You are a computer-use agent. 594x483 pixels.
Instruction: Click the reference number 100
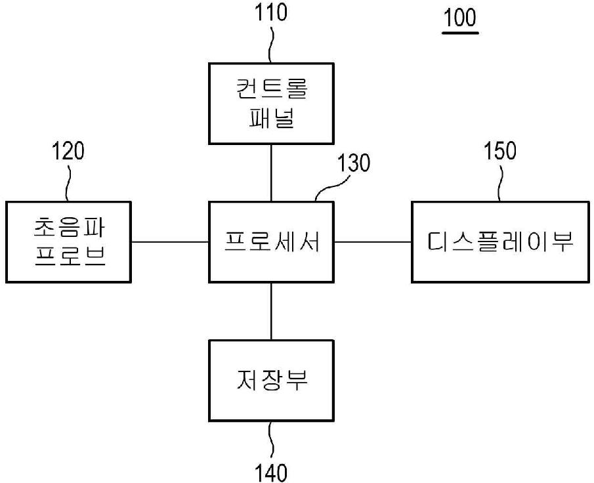click(x=459, y=18)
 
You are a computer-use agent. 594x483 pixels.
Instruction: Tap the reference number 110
click(x=272, y=13)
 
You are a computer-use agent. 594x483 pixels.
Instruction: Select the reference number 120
click(x=68, y=152)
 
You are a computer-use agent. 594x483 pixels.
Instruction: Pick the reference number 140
click(x=271, y=471)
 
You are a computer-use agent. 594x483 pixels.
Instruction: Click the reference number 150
click(x=500, y=151)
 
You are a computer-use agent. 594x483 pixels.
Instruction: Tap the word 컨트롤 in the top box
click(x=272, y=90)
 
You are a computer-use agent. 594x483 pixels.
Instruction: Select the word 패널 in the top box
click(x=271, y=120)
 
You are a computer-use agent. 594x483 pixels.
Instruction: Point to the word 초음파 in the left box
click(x=69, y=228)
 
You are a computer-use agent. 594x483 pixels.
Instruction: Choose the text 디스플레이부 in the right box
click(x=501, y=243)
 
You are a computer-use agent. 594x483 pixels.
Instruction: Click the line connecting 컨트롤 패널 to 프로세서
click(x=271, y=173)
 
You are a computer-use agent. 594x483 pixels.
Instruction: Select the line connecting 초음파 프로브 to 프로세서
click(x=171, y=242)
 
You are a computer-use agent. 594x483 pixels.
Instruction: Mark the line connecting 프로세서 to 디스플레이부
click(x=373, y=242)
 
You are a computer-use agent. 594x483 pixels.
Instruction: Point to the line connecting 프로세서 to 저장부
click(x=271, y=312)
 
